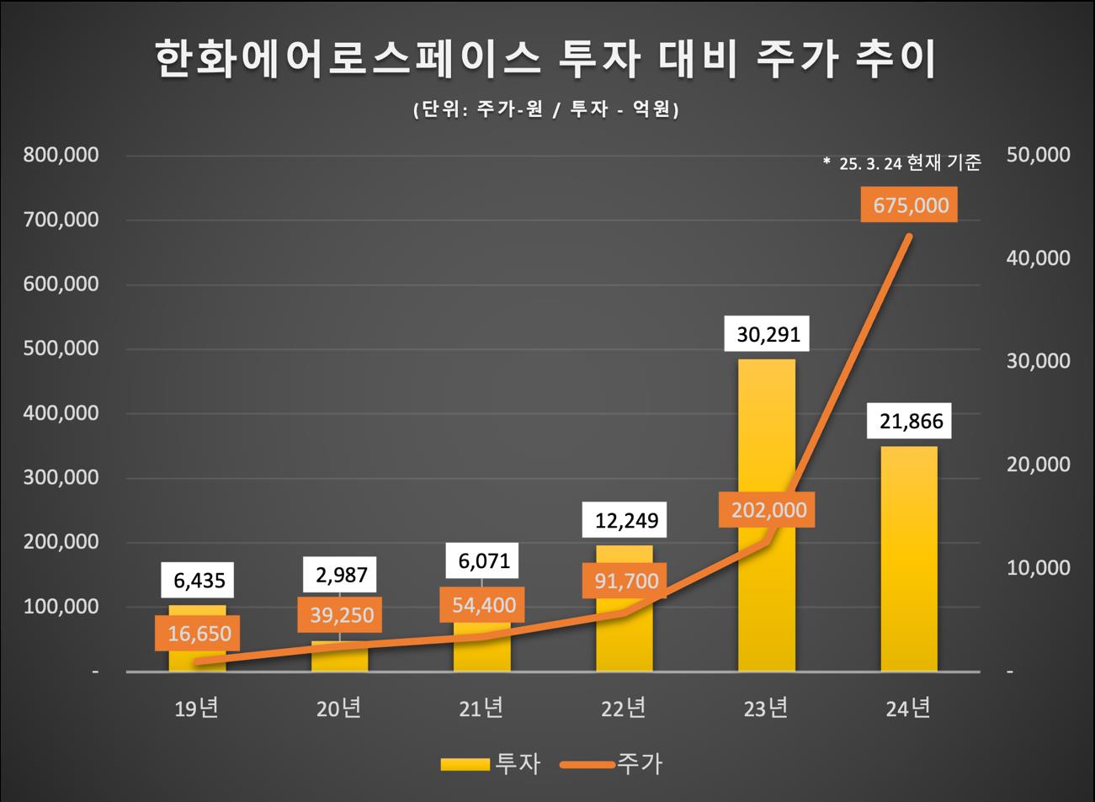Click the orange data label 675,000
pos(910,205)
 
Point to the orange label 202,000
pos(768,510)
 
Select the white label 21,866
pos(911,421)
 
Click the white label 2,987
pos(340,575)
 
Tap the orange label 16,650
pos(199,634)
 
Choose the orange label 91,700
pos(625,581)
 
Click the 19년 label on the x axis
pos(197,709)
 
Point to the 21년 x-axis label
pos(481,709)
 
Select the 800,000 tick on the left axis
pos(61,155)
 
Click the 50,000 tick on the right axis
pos(1038,155)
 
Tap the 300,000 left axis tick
pos(61,477)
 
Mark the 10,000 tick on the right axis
pos(1038,568)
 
